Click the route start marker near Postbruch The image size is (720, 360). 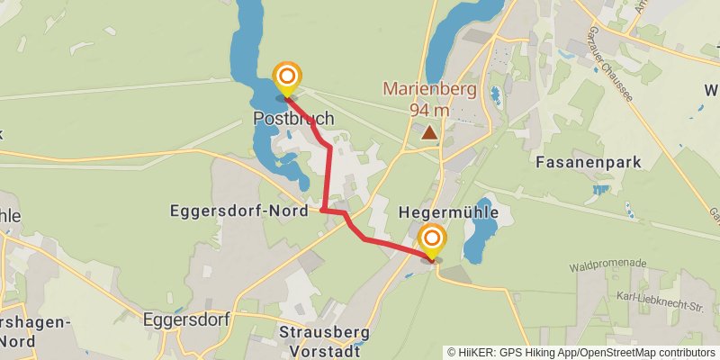(x=287, y=78)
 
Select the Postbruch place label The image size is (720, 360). (x=293, y=118)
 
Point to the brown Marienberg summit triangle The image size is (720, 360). (x=430, y=133)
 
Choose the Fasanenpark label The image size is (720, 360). (x=588, y=163)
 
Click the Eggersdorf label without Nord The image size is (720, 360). (x=187, y=319)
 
